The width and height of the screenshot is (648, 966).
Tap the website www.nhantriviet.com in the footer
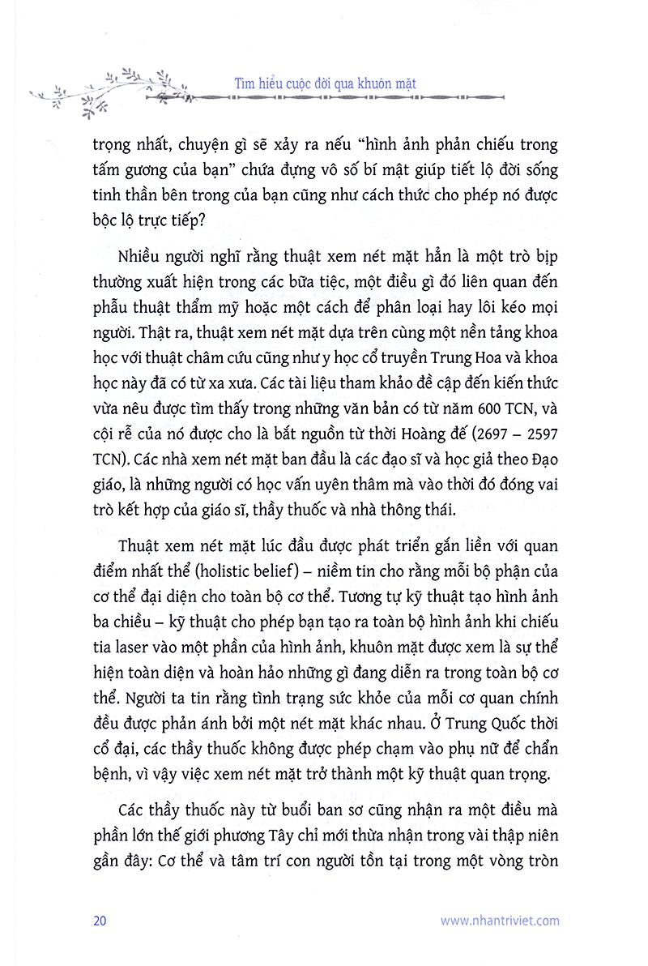tap(500, 920)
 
